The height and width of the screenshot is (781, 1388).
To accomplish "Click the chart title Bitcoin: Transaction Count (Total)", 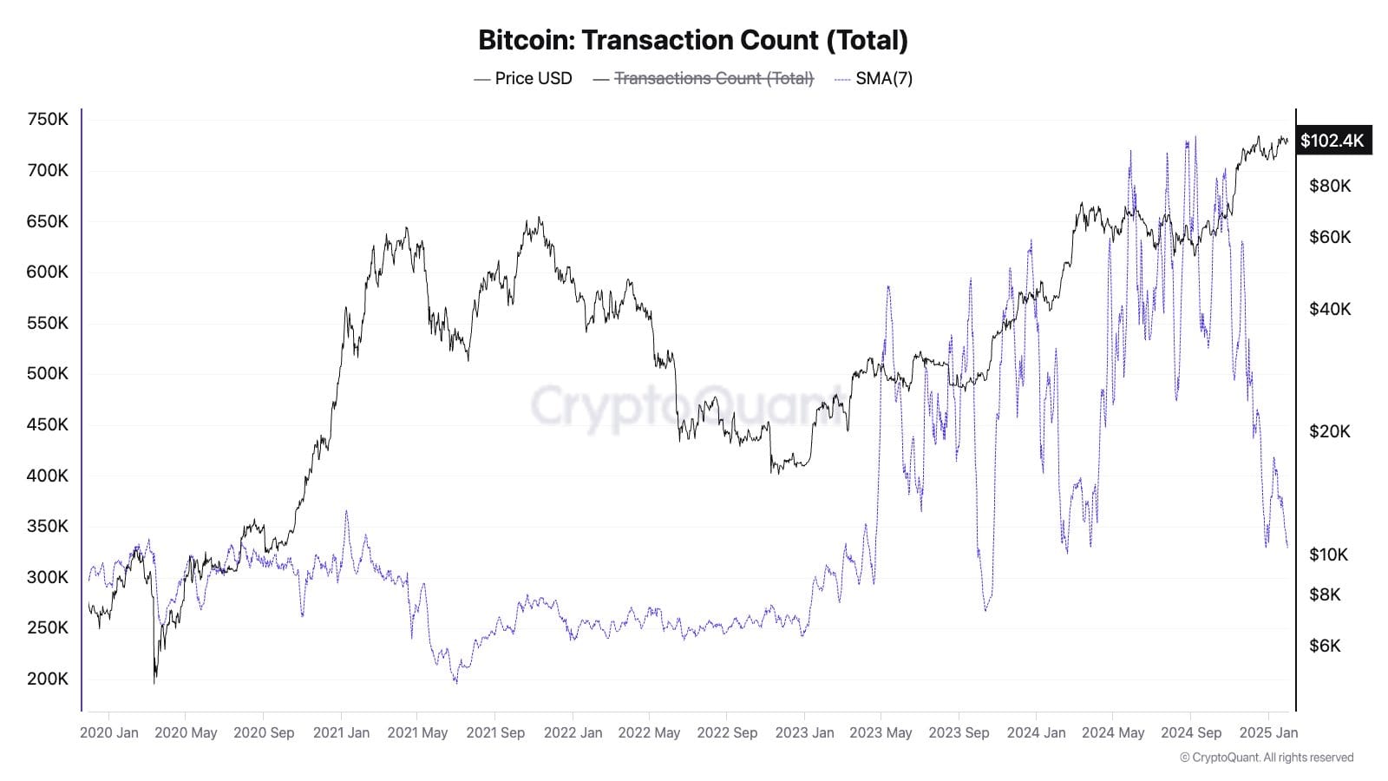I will point(693,40).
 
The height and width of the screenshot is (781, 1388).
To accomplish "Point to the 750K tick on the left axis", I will point(48,120).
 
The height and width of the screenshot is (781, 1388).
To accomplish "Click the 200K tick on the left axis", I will point(48,679).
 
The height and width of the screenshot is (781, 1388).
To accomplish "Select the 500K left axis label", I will point(48,373).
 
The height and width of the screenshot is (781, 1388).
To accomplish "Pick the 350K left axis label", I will point(48,526).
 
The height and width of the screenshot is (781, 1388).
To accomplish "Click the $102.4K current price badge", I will point(1332,141).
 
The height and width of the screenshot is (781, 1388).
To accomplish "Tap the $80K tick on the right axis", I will point(1330,186).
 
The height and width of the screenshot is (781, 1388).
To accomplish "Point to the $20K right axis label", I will point(1330,431).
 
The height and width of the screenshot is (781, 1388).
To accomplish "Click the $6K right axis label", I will point(1325,646).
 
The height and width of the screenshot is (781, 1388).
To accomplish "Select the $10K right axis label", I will point(1328,555).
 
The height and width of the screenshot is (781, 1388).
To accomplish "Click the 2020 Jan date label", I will point(109,732).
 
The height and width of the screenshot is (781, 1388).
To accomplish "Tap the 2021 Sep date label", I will point(495,732).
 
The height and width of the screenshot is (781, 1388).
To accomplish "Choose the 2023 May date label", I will point(881,732).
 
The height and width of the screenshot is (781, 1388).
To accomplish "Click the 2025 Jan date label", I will point(1268,732).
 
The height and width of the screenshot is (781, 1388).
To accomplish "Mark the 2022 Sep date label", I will point(727,732).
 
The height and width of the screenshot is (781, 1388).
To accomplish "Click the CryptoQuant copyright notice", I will point(1267,758).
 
